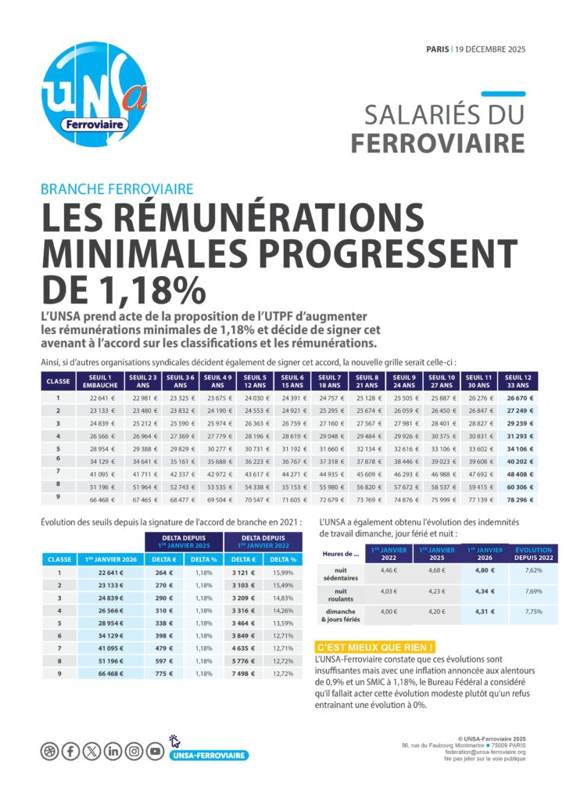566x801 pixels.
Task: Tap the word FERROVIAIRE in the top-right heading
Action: (x=437, y=143)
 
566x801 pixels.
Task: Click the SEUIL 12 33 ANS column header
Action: (x=518, y=381)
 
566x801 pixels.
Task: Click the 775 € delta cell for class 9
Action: (x=162, y=673)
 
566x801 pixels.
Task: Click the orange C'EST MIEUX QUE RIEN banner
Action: (x=375, y=648)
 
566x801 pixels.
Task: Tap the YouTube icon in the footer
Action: (x=156, y=752)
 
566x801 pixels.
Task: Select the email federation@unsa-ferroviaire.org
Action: (x=484, y=752)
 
